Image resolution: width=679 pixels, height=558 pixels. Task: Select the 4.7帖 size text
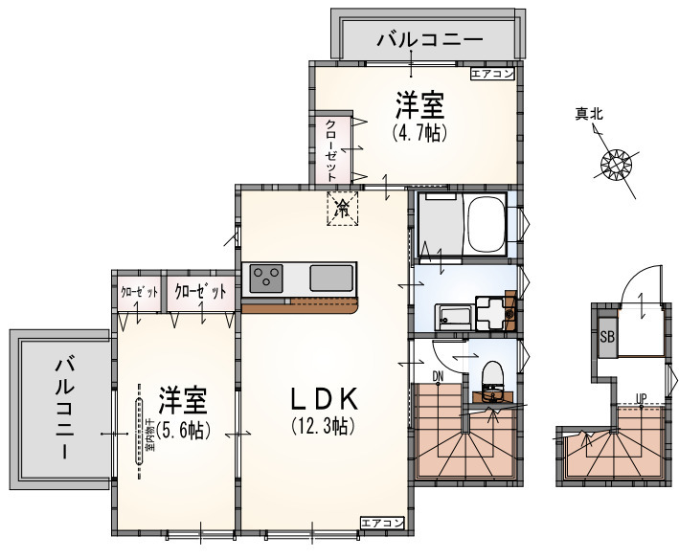[419, 133]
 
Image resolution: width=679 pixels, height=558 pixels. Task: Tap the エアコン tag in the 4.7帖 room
[492, 72]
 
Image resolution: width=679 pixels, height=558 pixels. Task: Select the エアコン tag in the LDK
[382, 522]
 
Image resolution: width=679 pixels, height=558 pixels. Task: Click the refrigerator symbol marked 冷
[342, 208]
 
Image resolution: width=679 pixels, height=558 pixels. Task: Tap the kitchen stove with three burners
[265, 279]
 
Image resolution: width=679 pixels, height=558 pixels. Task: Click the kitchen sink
[331, 279]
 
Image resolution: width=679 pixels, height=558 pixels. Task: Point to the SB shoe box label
[607, 337]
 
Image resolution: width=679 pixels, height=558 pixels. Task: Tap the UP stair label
[641, 398]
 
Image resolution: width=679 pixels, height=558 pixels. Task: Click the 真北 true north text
[588, 115]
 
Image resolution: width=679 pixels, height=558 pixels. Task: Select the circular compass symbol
[615, 165]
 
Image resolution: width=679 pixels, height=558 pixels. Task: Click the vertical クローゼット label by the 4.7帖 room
[330, 149]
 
